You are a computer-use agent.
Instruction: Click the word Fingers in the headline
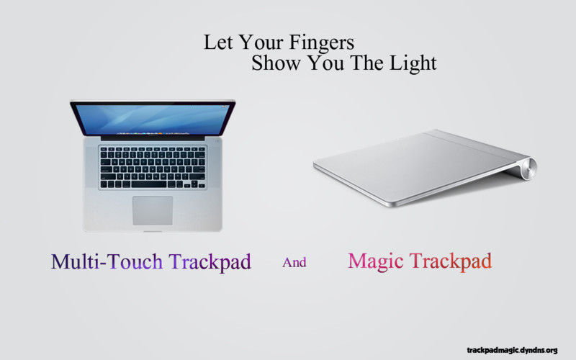coord(321,43)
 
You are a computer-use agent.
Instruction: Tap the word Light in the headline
coord(413,64)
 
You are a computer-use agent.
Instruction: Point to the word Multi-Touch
coord(107,261)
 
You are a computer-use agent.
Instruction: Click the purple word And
coord(294,262)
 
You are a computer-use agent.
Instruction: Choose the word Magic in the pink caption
coord(375,261)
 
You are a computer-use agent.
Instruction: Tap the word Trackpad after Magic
coord(451,261)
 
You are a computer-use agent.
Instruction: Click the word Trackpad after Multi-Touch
coord(210,262)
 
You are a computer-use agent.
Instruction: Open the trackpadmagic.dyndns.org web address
coord(512,350)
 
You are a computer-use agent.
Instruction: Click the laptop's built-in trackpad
coord(153,210)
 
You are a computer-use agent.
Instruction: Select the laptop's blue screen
coord(153,120)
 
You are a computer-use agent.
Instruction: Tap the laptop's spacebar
coord(151,184)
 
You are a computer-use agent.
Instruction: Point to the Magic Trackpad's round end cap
coord(531,168)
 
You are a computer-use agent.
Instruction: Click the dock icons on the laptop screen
coord(153,132)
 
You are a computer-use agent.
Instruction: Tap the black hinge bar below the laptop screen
coord(153,138)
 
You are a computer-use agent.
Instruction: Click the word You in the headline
coord(325,63)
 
